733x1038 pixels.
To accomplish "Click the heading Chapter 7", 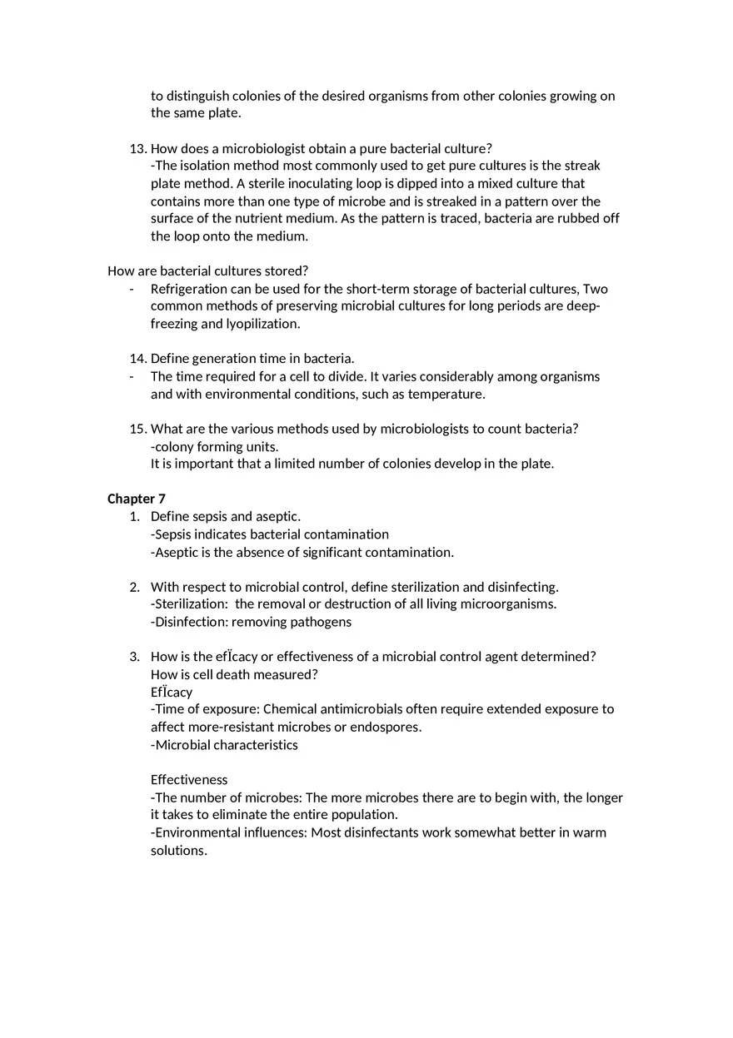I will [137, 499].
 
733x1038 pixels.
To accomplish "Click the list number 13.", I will [137, 148].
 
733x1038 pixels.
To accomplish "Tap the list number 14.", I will [137, 359].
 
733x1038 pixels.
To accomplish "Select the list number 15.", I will [137, 429].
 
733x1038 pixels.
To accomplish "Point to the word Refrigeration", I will [189, 289].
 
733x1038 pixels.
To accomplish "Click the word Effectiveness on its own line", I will [189, 780].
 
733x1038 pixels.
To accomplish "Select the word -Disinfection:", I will [189, 622].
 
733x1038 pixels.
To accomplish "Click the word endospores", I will [386, 727].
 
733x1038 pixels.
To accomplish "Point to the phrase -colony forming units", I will [214, 447].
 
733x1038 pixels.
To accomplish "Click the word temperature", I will [446, 394].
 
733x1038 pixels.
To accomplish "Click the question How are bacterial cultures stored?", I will [207, 271].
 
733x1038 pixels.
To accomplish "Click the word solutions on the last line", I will [178, 851].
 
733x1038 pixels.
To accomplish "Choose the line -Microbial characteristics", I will [224, 745].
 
